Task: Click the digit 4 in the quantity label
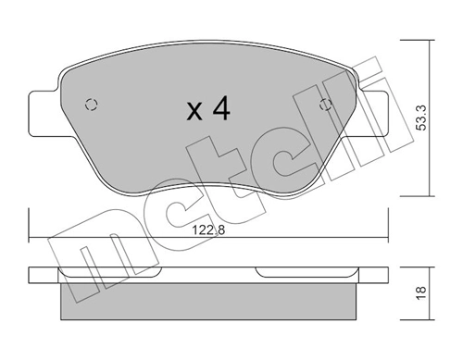[219, 110]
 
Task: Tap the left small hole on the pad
[90, 104]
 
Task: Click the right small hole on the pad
[325, 104]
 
